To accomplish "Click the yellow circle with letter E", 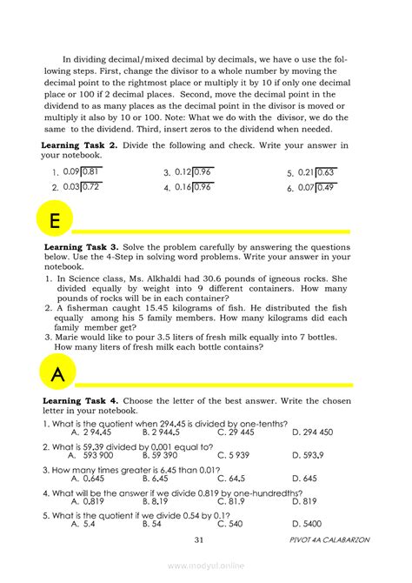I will (55, 221).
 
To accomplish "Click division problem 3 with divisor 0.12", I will (193, 172).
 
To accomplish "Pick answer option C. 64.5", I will (231, 478).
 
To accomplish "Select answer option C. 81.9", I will (231, 501).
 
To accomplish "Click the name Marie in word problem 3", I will (66, 340).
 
